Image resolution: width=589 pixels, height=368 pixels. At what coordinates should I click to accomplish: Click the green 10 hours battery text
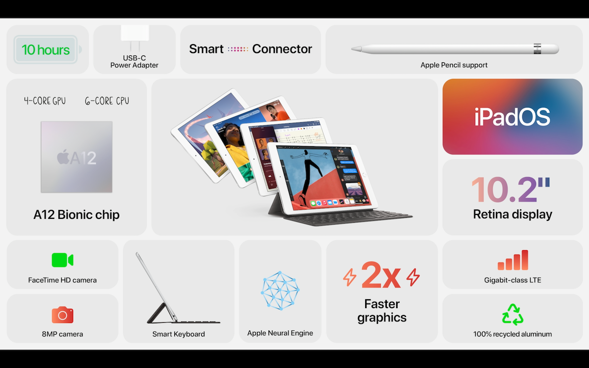[x=46, y=50]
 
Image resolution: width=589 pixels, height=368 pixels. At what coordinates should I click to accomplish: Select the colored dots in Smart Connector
[x=238, y=49]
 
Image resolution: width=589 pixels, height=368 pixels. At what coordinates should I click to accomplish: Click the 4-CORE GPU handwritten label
[x=45, y=101]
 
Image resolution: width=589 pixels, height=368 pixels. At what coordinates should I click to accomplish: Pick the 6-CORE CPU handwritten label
[x=107, y=101]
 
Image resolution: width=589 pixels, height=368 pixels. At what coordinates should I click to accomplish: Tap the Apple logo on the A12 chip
[x=62, y=158]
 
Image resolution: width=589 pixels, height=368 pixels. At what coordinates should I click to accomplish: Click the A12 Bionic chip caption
[x=77, y=214]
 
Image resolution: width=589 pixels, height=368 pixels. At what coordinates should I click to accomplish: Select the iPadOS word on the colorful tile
[x=512, y=117]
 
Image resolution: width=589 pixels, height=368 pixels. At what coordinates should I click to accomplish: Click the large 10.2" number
[x=510, y=190]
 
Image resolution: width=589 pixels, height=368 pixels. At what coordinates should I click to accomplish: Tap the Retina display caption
[x=512, y=214]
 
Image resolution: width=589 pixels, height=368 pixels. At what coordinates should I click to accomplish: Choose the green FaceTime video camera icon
[x=62, y=260]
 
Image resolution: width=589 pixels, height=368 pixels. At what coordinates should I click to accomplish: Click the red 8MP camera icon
[x=62, y=315]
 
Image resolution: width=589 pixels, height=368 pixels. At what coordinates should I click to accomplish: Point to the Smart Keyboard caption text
[x=179, y=334]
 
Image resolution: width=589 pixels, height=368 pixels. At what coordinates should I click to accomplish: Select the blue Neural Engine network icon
[x=280, y=290]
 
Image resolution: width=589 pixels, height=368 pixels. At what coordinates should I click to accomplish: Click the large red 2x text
[x=381, y=276]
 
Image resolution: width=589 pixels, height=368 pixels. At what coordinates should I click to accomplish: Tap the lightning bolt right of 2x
[x=413, y=277]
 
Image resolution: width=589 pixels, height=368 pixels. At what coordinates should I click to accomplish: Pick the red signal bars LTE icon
[x=512, y=260]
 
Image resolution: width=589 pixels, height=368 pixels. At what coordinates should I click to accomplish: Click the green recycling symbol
[x=512, y=315]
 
